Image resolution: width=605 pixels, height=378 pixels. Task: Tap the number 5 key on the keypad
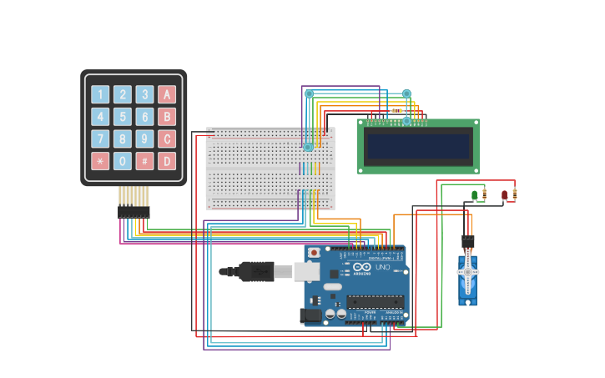tap(123, 117)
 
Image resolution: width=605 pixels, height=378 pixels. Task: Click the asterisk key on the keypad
tap(100, 161)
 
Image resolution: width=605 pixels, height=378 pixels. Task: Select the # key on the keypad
tap(144, 161)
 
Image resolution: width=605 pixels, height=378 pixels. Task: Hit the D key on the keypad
tap(167, 161)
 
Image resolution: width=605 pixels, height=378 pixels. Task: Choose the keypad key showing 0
tap(123, 161)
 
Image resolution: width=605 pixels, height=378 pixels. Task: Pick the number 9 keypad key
tap(144, 139)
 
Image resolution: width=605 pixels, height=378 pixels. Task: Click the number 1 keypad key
tap(100, 94)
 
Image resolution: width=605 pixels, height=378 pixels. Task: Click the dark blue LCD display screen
tap(418, 147)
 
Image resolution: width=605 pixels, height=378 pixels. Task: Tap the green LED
tap(475, 195)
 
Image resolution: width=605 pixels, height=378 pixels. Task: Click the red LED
tap(504, 195)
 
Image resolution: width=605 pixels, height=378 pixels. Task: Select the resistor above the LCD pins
tap(396, 110)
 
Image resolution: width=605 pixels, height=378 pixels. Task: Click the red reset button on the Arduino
tap(314, 252)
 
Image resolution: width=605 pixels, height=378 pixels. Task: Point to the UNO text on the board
tap(383, 267)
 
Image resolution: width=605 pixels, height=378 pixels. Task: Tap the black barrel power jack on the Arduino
tap(310, 315)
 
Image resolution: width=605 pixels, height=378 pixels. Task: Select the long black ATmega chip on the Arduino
tap(375, 301)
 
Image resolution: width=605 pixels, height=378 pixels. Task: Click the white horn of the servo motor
tap(467, 271)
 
